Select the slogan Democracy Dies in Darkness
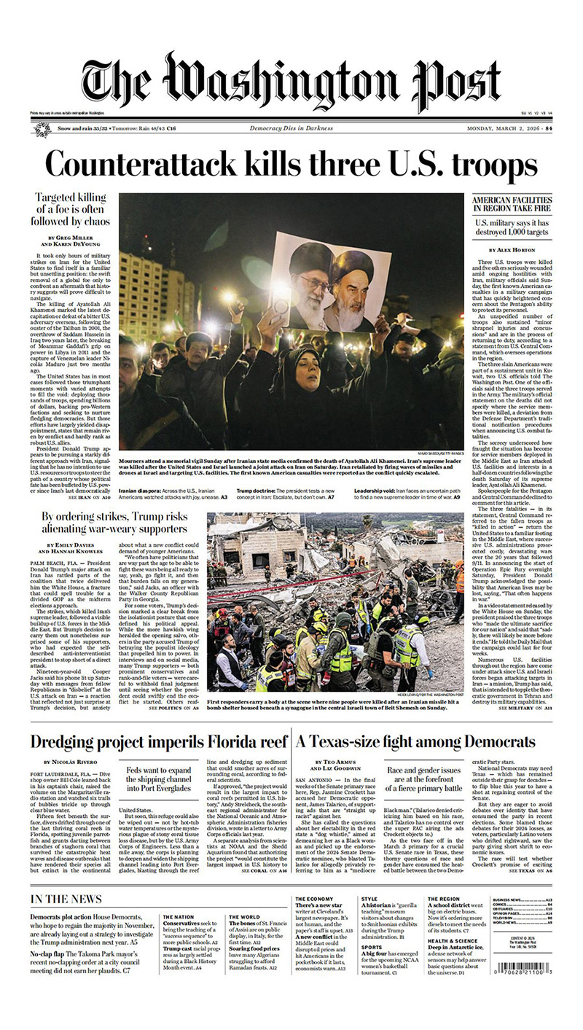(291, 129)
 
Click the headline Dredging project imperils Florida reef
(159, 742)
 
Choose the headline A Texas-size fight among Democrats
(415, 742)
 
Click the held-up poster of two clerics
(330, 281)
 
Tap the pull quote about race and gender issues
(423, 778)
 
